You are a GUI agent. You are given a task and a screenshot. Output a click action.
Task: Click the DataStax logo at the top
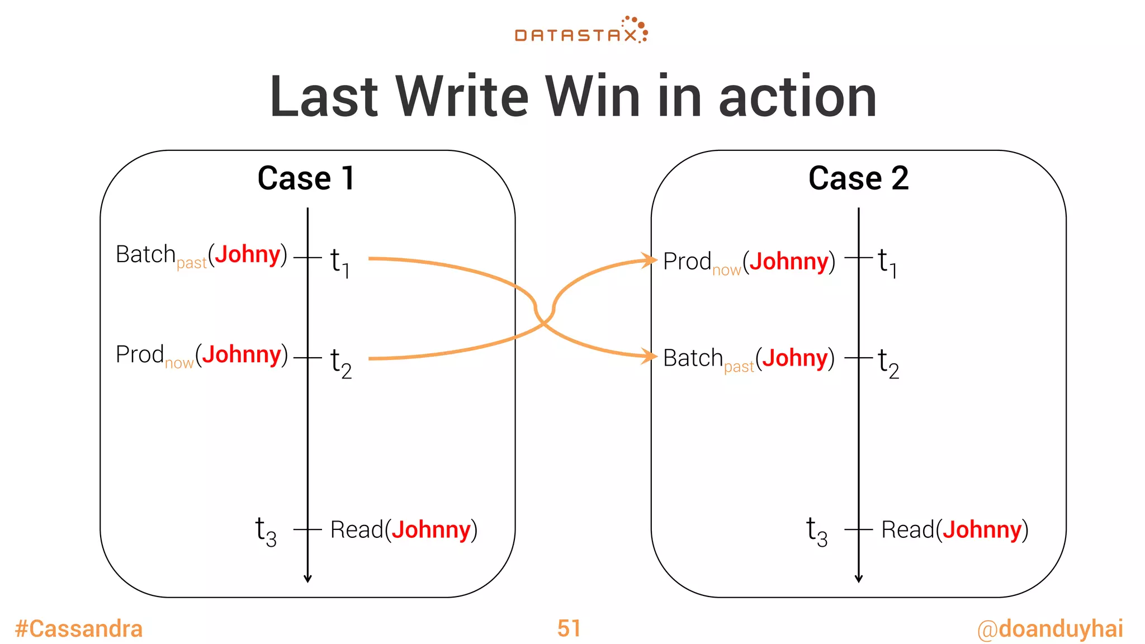click(x=581, y=31)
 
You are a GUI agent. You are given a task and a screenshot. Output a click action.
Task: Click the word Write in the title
click(x=462, y=97)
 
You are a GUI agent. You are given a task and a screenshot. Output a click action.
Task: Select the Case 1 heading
click(x=306, y=178)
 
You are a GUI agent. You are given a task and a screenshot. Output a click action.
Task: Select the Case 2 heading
click(x=858, y=178)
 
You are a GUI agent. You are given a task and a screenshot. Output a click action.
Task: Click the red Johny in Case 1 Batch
click(x=247, y=254)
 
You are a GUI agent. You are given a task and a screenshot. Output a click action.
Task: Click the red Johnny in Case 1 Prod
click(x=241, y=354)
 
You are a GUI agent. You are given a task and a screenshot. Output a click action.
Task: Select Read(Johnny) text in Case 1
click(x=404, y=529)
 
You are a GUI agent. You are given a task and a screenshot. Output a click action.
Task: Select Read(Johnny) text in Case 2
click(x=954, y=529)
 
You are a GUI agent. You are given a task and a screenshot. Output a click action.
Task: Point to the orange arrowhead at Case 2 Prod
click(x=650, y=260)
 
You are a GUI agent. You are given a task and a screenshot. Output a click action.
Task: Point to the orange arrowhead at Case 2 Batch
click(x=650, y=356)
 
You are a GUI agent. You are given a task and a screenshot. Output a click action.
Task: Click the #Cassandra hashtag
click(x=79, y=628)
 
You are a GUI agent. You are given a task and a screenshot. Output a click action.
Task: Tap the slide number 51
click(x=569, y=628)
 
